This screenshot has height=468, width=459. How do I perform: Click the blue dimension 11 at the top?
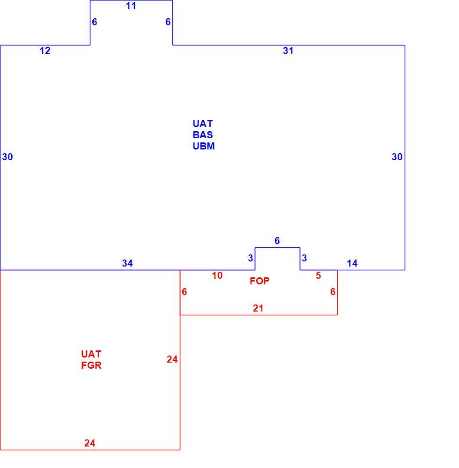point(131,6)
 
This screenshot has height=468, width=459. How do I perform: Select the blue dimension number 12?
point(45,51)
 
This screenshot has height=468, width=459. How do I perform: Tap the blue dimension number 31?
point(288,51)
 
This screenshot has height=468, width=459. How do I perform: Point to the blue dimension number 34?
point(127,263)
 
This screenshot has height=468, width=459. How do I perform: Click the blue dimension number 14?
point(352,263)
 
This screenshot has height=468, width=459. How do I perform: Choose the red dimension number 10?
point(217,275)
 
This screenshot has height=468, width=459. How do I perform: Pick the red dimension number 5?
point(318,275)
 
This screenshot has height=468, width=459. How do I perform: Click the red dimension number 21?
point(258,308)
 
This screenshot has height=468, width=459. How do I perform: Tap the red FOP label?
point(259,281)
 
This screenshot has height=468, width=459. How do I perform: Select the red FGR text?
point(91,365)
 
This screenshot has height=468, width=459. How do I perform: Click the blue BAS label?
point(203,135)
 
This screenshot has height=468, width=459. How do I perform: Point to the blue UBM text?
point(204,146)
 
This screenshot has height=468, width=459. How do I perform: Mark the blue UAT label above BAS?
point(203,124)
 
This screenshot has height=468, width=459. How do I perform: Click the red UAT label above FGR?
point(91,354)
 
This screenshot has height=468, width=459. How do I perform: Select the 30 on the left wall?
point(7,156)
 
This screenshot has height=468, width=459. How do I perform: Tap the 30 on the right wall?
point(397,156)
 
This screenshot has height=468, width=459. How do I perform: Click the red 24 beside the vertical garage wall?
point(172,359)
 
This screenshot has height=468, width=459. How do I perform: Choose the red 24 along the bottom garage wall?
point(89,443)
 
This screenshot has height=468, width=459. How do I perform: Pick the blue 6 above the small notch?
point(277,241)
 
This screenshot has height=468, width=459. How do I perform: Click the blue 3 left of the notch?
point(251,258)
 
